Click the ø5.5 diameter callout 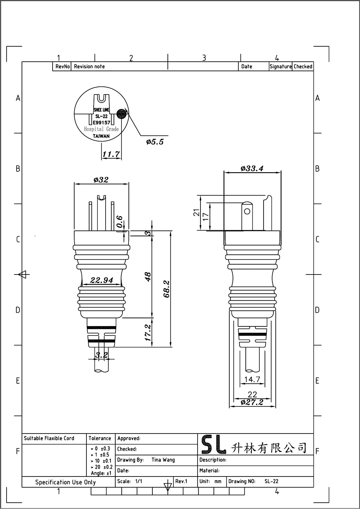[155, 142]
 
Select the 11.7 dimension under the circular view [111, 154]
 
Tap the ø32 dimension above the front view [101, 180]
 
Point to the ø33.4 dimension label [252, 168]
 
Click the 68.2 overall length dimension [167, 289]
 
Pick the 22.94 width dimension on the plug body [102, 280]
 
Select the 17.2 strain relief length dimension [148, 332]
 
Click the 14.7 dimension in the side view [252, 379]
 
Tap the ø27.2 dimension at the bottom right [252, 402]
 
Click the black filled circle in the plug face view [122, 113]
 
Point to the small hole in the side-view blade [247, 211]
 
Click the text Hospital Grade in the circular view [101, 129]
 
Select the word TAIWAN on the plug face [101, 136]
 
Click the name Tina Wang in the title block [163, 460]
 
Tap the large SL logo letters [214, 445]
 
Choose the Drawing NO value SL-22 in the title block [271, 481]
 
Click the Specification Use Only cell [65, 482]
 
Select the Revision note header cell [89, 67]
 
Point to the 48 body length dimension [148, 276]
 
